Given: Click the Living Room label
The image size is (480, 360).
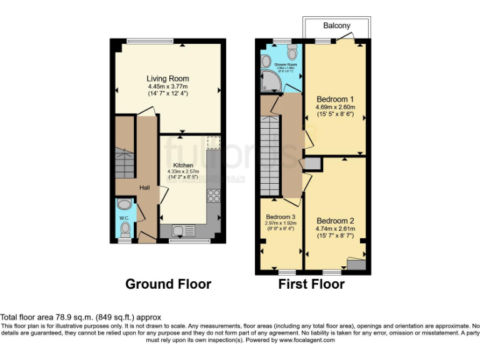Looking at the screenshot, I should (x=167, y=78).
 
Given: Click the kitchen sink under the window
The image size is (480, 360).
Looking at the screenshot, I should (x=179, y=231).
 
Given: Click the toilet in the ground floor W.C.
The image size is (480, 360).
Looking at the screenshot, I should (x=126, y=231).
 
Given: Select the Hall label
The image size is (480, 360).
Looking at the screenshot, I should (x=144, y=187).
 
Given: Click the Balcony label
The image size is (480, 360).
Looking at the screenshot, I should (x=336, y=26).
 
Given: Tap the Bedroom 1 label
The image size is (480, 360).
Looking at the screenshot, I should (x=335, y=99).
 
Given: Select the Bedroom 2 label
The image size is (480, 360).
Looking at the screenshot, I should (x=335, y=221).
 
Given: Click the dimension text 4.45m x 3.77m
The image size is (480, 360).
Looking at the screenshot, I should (x=167, y=86).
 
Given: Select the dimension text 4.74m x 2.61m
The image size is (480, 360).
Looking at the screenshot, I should (x=335, y=229).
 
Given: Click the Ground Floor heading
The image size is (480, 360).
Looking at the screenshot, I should (x=168, y=284).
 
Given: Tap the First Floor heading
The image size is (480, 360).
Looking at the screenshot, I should (x=311, y=284).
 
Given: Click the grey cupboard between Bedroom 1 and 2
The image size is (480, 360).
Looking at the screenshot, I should (x=313, y=164).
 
